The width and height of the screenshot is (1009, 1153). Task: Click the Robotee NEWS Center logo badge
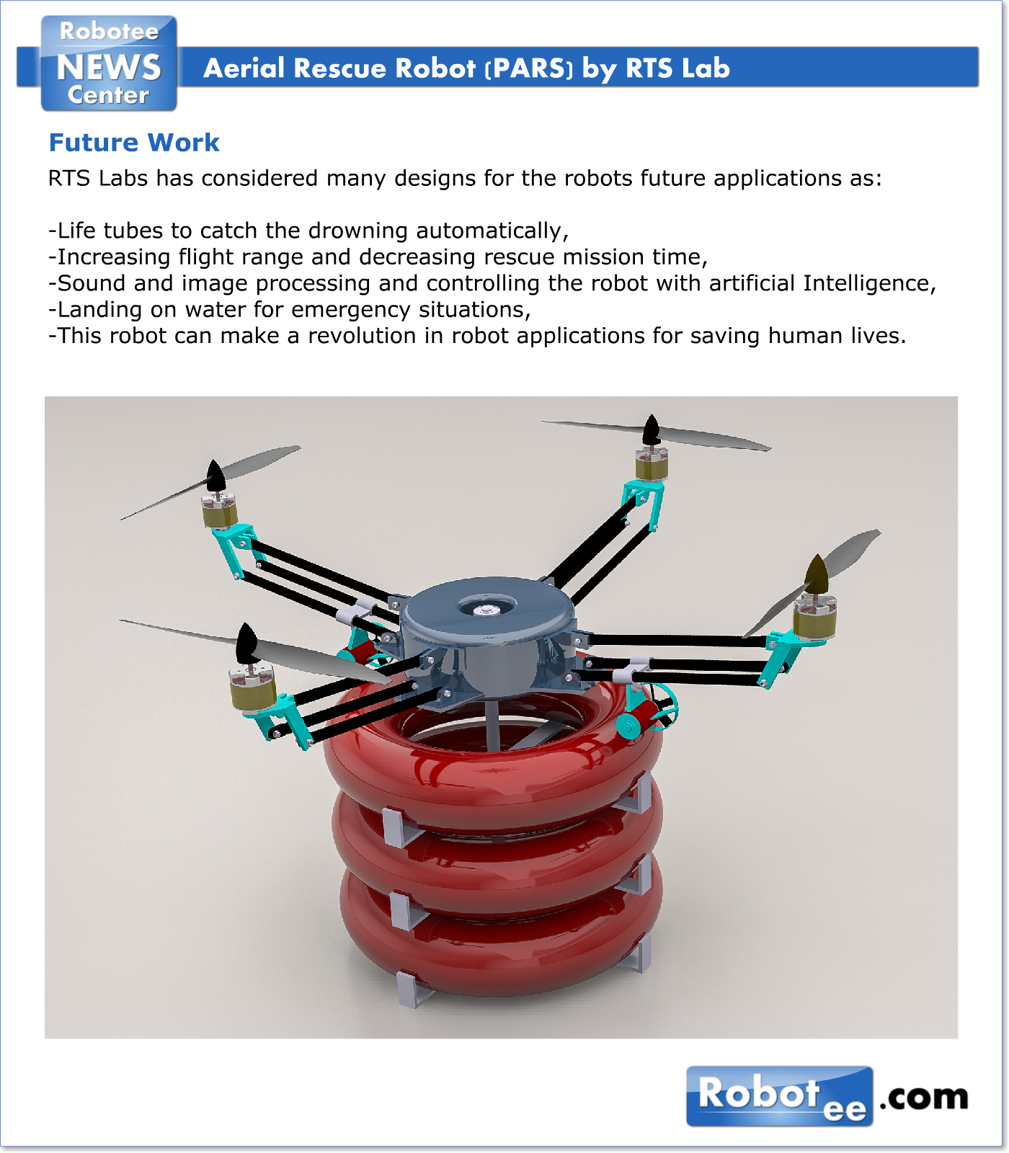tap(109, 64)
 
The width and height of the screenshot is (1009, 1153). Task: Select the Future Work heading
tap(134, 143)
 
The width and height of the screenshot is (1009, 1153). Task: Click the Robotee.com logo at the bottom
tap(827, 1096)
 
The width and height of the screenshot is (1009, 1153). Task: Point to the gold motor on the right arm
tap(814, 620)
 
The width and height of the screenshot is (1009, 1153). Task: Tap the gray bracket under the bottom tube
tap(413, 991)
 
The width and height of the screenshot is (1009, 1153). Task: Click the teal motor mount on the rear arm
tap(644, 497)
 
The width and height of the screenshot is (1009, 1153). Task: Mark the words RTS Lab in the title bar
tap(677, 68)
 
